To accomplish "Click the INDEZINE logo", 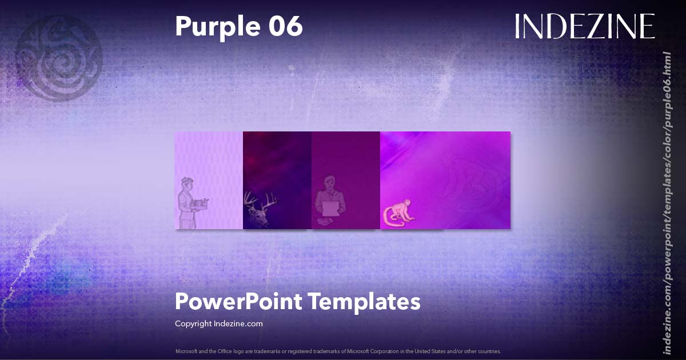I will (x=584, y=27).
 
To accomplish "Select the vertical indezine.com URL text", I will (x=667, y=203).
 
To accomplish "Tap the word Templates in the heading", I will (x=364, y=301).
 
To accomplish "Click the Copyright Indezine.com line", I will (x=218, y=323).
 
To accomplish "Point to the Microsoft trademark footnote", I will (x=338, y=351).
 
